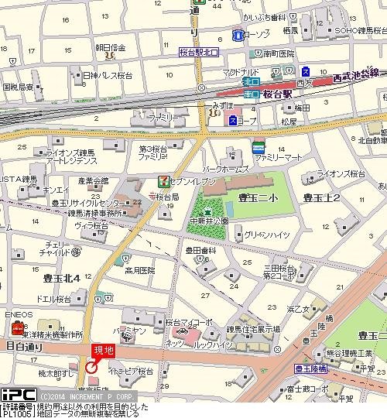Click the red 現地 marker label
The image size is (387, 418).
(103, 350)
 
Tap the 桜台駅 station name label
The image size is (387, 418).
(277, 93)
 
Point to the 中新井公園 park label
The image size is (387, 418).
(209, 220)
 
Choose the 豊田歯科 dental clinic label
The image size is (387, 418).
(200, 251)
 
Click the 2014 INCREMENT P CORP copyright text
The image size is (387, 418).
(81, 394)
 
